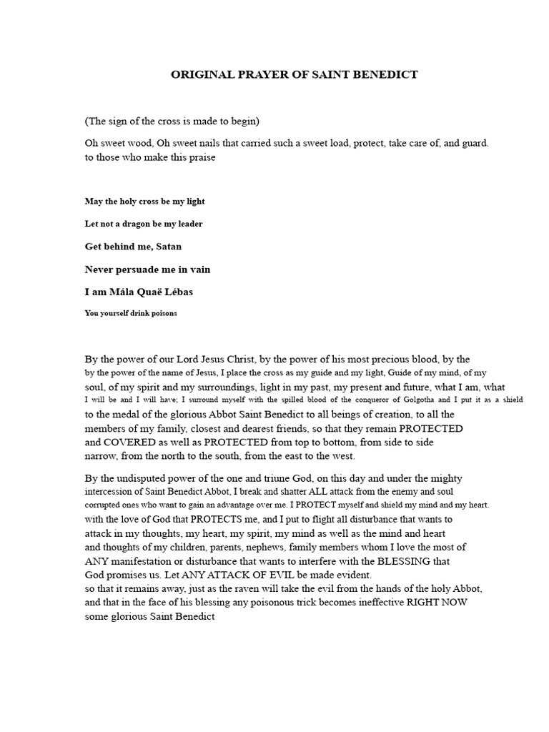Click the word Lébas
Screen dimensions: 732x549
click(x=179, y=292)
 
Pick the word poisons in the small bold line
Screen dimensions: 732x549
click(x=161, y=313)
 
